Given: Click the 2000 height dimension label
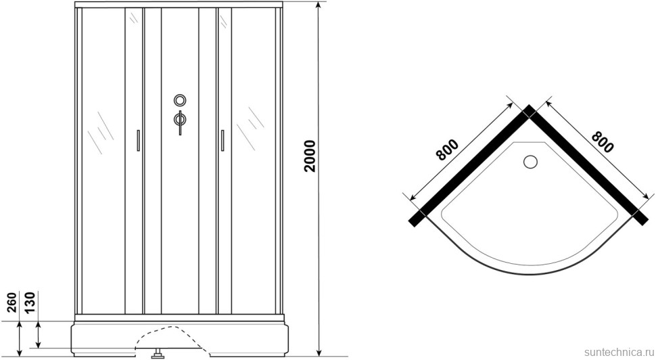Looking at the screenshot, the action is (310, 156).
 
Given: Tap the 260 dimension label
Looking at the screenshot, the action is (11, 302).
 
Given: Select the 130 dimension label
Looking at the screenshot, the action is (30, 302).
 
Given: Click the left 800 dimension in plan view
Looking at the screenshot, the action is (447, 150).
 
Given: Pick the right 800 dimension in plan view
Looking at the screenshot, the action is (603, 142).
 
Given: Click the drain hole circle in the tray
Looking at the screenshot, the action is (530, 162).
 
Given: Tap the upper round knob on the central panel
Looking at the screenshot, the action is (180, 100).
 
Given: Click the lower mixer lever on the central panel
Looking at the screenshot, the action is (180, 122).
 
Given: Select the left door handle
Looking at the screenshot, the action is (137, 140).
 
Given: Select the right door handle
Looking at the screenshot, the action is (222, 140).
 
